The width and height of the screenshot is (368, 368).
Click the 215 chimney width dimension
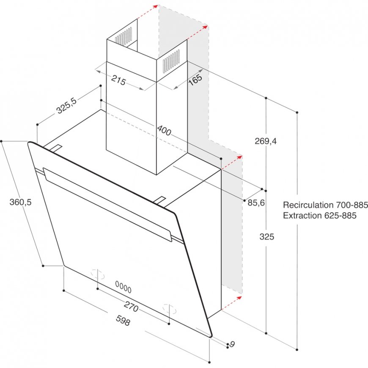(118, 80)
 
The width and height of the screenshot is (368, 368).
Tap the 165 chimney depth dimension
(195, 80)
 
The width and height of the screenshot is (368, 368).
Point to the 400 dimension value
(164, 130)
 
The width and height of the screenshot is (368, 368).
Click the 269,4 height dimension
(266, 141)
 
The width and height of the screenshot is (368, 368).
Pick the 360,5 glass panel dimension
(20, 202)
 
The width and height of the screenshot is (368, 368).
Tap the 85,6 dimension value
(256, 203)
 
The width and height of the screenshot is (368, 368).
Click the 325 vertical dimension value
(267, 236)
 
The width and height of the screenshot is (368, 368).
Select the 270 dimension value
(131, 307)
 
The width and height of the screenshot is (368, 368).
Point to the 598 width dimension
(123, 320)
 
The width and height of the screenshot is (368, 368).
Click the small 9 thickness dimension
(232, 344)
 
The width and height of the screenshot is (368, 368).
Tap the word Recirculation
(308, 205)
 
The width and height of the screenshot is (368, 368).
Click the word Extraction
(302, 215)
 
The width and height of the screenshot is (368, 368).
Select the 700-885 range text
(352, 205)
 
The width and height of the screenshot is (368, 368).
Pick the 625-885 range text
(341, 215)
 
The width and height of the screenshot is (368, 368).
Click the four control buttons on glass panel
(123, 287)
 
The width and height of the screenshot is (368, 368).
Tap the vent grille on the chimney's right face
(171, 61)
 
